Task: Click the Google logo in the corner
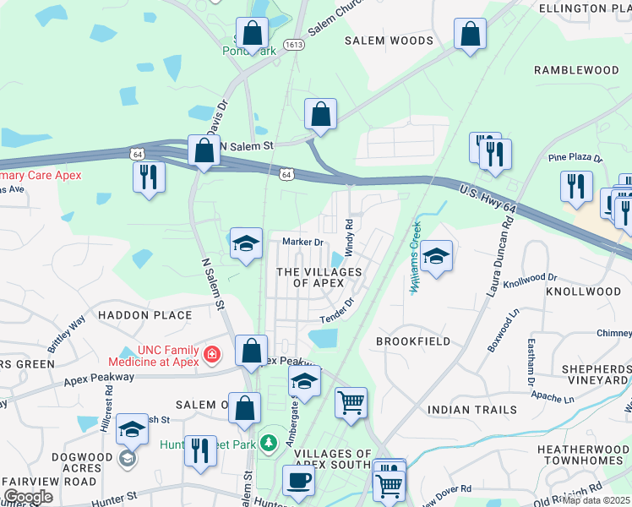[x=28, y=496]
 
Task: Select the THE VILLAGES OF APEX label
[x=319, y=277]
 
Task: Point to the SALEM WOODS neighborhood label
[x=390, y=41]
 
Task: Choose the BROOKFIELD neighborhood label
[x=411, y=341]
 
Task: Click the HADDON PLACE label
[x=145, y=315]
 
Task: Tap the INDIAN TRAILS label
[x=471, y=410]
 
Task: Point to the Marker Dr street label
[x=302, y=243]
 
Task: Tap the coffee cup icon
[x=298, y=480]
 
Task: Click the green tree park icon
[x=269, y=442]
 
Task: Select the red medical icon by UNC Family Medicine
[x=211, y=356]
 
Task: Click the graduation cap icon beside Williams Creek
[x=436, y=256]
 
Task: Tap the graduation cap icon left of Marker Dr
[x=246, y=243]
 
